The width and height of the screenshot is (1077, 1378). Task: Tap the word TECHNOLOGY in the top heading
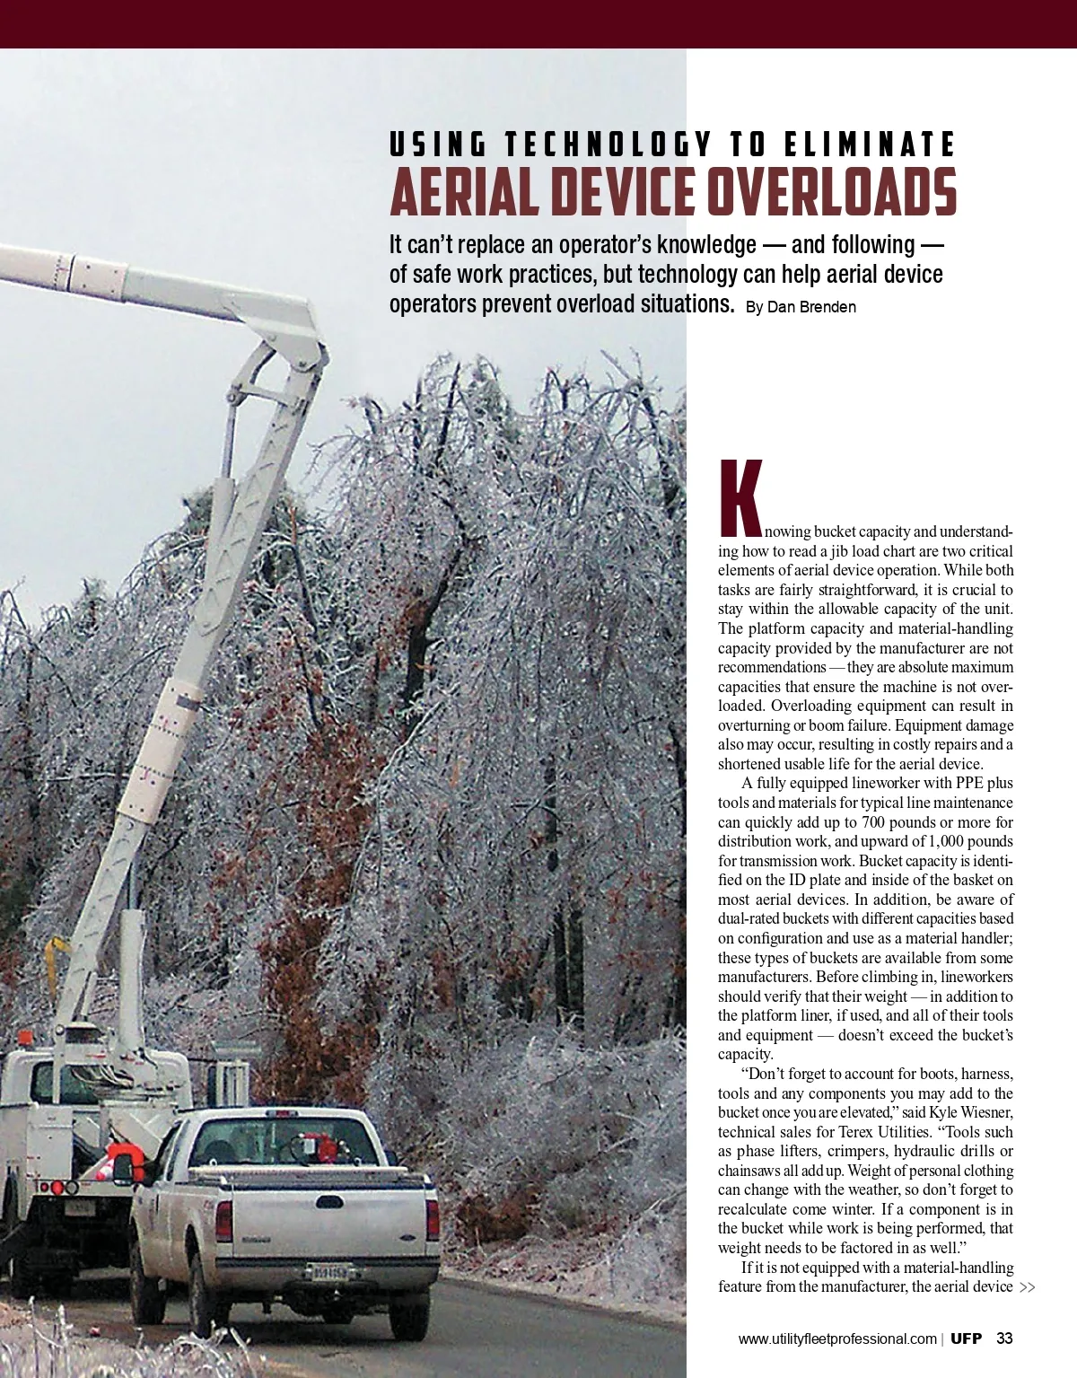[608, 145]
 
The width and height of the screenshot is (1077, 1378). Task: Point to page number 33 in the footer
[1004, 1339]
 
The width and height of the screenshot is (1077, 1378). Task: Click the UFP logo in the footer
[966, 1339]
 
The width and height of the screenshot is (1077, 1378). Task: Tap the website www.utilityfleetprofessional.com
[836, 1339]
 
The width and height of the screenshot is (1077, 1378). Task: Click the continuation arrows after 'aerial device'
[1028, 1288]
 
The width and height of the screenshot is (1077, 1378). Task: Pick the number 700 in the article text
[874, 822]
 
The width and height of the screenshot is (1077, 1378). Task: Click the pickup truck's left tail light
[224, 1221]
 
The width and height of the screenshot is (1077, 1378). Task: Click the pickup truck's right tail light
[433, 1219]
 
